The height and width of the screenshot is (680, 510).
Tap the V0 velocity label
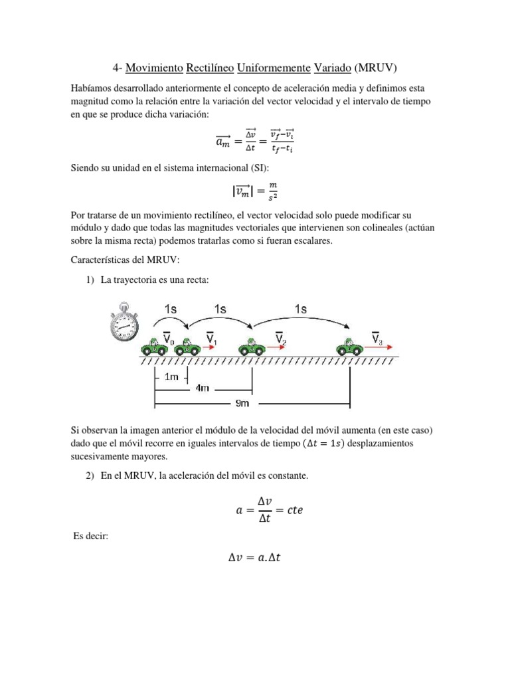tap(169, 338)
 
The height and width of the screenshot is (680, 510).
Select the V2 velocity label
tap(280, 337)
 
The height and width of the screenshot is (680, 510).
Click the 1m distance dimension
tap(171, 377)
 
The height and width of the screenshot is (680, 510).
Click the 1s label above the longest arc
tap(301, 309)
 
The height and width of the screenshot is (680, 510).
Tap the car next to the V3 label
tap(349, 347)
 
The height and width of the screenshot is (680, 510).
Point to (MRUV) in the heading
tap(375, 68)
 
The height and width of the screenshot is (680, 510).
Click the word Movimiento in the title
tap(155, 68)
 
